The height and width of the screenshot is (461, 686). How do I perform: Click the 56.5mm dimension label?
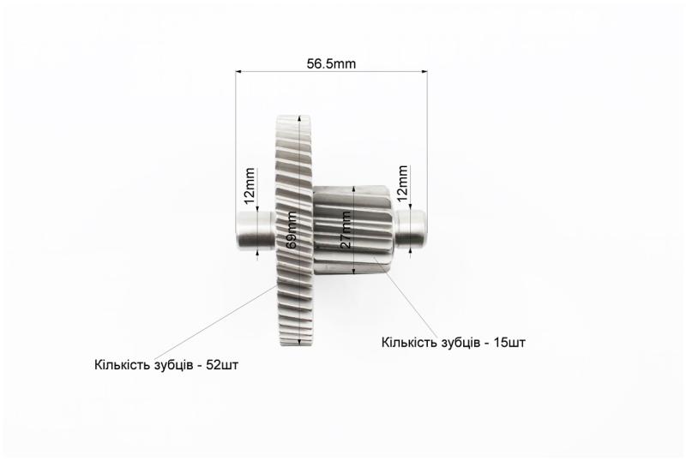click(x=331, y=64)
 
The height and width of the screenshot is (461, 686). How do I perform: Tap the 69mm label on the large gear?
click(x=291, y=230)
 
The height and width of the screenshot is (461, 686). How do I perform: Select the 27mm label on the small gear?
click(x=346, y=230)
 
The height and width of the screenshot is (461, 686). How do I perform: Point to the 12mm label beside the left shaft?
click(x=250, y=185)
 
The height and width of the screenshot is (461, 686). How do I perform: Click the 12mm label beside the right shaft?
click(x=402, y=183)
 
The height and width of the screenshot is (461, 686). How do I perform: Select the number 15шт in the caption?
click(x=509, y=342)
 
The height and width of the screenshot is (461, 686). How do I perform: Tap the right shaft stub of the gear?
click(x=412, y=228)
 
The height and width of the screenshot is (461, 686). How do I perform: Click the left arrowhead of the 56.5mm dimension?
click(x=239, y=71)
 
